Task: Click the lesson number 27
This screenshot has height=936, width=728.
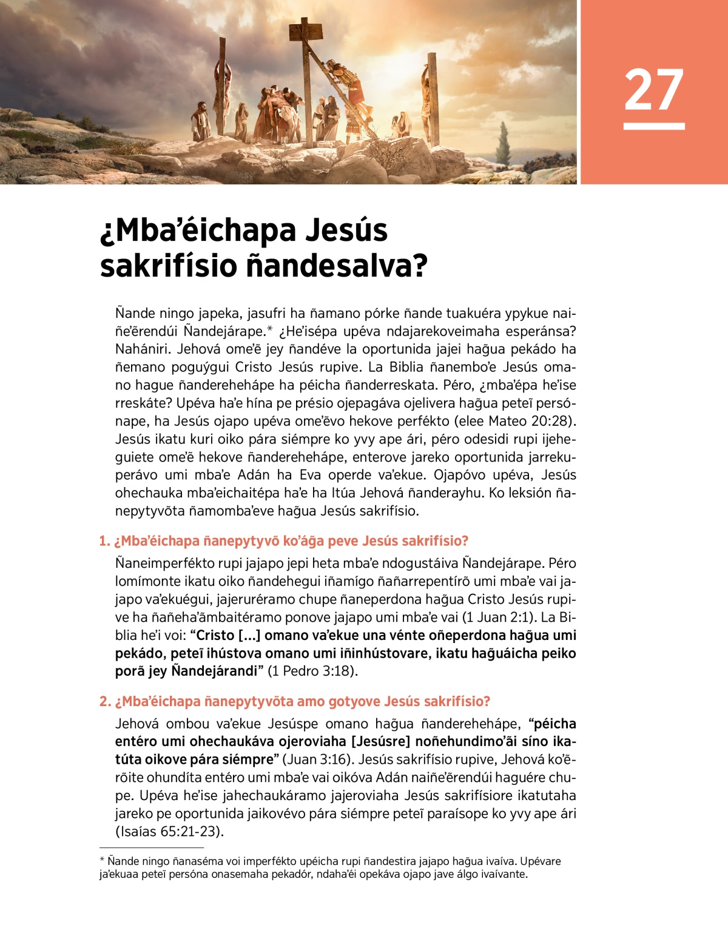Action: (x=653, y=89)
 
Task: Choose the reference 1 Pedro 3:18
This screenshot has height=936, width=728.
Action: (x=312, y=672)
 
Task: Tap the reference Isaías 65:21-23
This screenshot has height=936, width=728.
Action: (x=169, y=832)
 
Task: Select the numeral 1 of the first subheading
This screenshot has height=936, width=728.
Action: (x=103, y=541)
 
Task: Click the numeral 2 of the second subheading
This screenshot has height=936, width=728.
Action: (x=104, y=702)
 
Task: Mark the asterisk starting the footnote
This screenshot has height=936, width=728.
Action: (x=102, y=861)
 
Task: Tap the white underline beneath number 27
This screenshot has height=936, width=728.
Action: (x=653, y=126)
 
